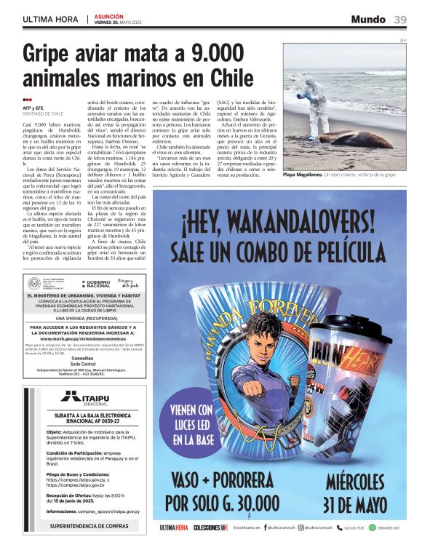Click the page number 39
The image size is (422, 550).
(400, 19)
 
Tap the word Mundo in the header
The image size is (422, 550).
(369, 19)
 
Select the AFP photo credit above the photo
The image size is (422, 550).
(402, 40)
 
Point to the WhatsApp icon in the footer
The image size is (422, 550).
(373, 527)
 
